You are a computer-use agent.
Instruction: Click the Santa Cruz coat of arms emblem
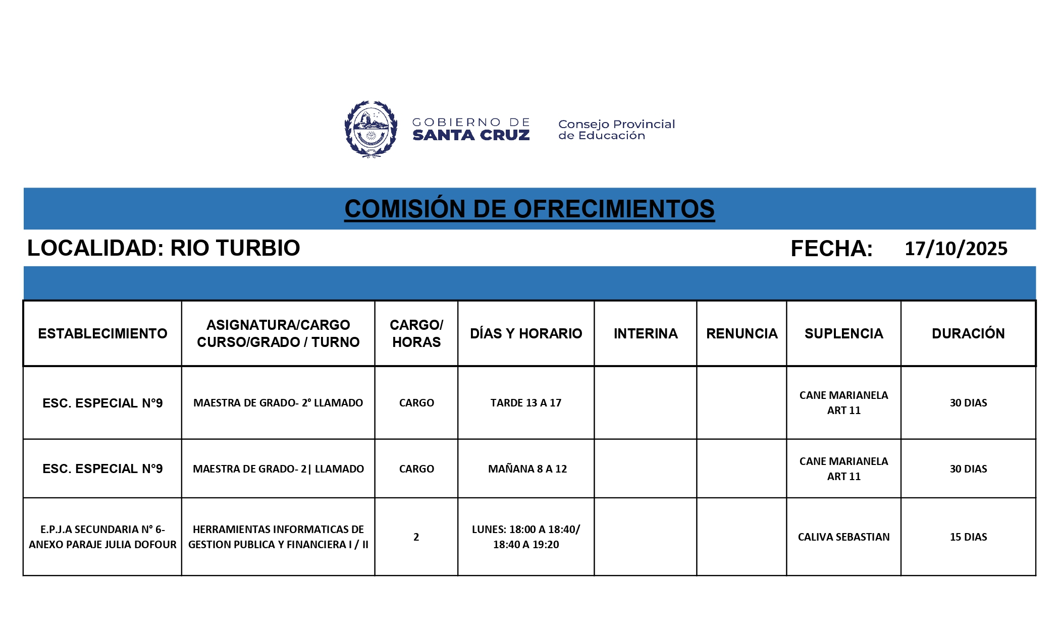[x=370, y=129]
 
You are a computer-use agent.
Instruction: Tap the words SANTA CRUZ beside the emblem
[x=471, y=135]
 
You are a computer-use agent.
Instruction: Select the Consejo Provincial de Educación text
[x=616, y=130]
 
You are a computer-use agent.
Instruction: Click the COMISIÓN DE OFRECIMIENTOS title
[x=529, y=209]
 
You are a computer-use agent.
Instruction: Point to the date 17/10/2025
[x=956, y=249]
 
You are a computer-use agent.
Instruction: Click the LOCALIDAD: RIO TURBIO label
[x=164, y=248]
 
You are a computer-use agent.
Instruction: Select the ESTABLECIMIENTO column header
[x=102, y=333]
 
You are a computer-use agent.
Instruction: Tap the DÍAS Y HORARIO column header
[x=526, y=333]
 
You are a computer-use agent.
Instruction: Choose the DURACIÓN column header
[x=968, y=333]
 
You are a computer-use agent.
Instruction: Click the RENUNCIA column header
[x=741, y=333]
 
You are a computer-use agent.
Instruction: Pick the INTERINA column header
[x=646, y=333]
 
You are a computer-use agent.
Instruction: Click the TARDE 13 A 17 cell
[x=526, y=402]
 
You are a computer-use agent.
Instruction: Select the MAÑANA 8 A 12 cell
[x=527, y=469]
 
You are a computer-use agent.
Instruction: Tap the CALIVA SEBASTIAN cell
[x=843, y=537]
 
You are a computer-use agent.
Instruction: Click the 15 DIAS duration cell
[x=968, y=537]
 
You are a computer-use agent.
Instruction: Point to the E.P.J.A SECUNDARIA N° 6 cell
[x=102, y=537]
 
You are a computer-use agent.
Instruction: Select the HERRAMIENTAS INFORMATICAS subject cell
[x=278, y=537]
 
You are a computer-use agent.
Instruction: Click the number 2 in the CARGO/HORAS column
[x=416, y=537]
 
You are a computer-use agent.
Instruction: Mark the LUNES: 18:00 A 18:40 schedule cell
[x=526, y=537]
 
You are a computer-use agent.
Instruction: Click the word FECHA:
[x=831, y=249]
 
